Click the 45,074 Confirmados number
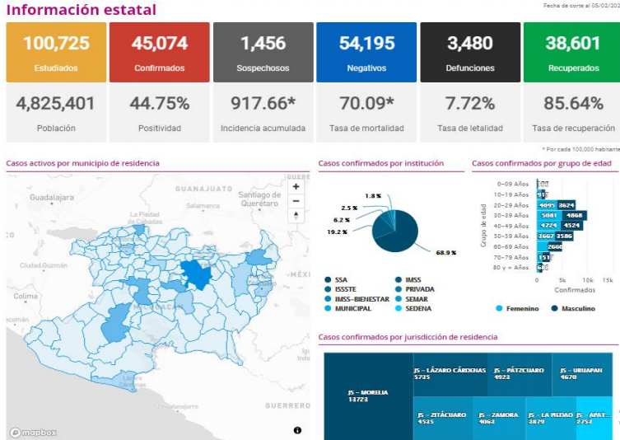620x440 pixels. [160, 43]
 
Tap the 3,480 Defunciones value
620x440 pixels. [470, 43]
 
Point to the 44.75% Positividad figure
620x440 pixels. [159, 104]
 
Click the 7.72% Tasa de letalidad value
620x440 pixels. [470, 104]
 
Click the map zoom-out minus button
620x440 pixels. [296, 201]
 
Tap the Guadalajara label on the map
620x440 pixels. [52, 198]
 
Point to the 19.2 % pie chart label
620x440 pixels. [337, 232]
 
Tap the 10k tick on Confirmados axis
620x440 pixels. [586, 280]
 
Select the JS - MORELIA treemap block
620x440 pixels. [368, 396]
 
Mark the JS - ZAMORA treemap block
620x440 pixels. [499, 418]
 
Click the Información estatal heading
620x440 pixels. [81, 10]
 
